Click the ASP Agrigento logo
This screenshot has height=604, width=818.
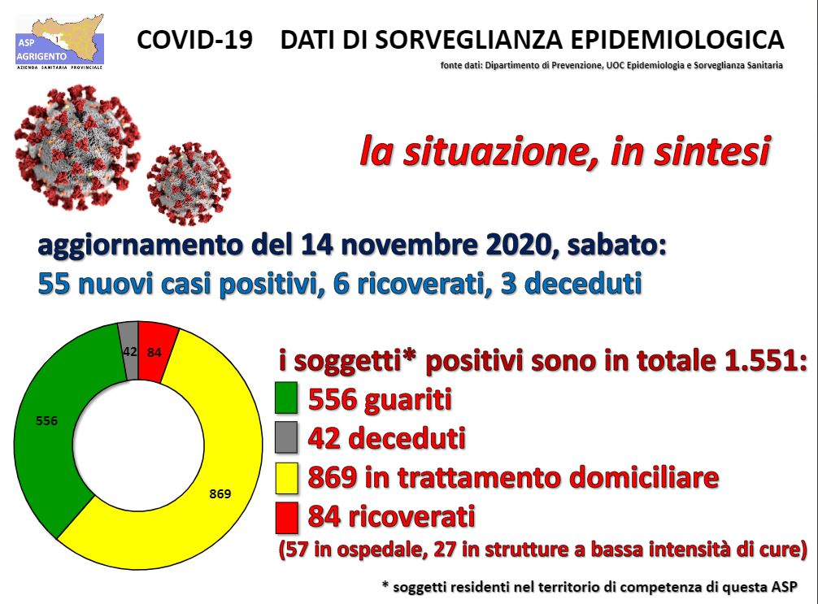(59, 41)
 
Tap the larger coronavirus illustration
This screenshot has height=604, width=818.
(78, 147)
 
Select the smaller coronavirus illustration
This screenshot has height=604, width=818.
(189, 183)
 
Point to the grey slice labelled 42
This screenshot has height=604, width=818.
(129, 351)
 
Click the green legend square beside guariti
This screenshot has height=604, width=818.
(286, 398)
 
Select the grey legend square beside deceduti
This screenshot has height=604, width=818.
(286, 437)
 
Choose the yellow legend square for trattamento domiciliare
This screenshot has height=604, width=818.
(286, 477)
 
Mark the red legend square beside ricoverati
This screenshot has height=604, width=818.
(286, 517)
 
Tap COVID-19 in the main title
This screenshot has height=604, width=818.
(194, 40)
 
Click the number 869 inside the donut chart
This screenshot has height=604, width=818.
(220, 493)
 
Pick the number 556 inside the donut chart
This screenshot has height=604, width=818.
(47, 420)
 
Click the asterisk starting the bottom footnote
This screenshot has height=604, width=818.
(385, 584)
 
